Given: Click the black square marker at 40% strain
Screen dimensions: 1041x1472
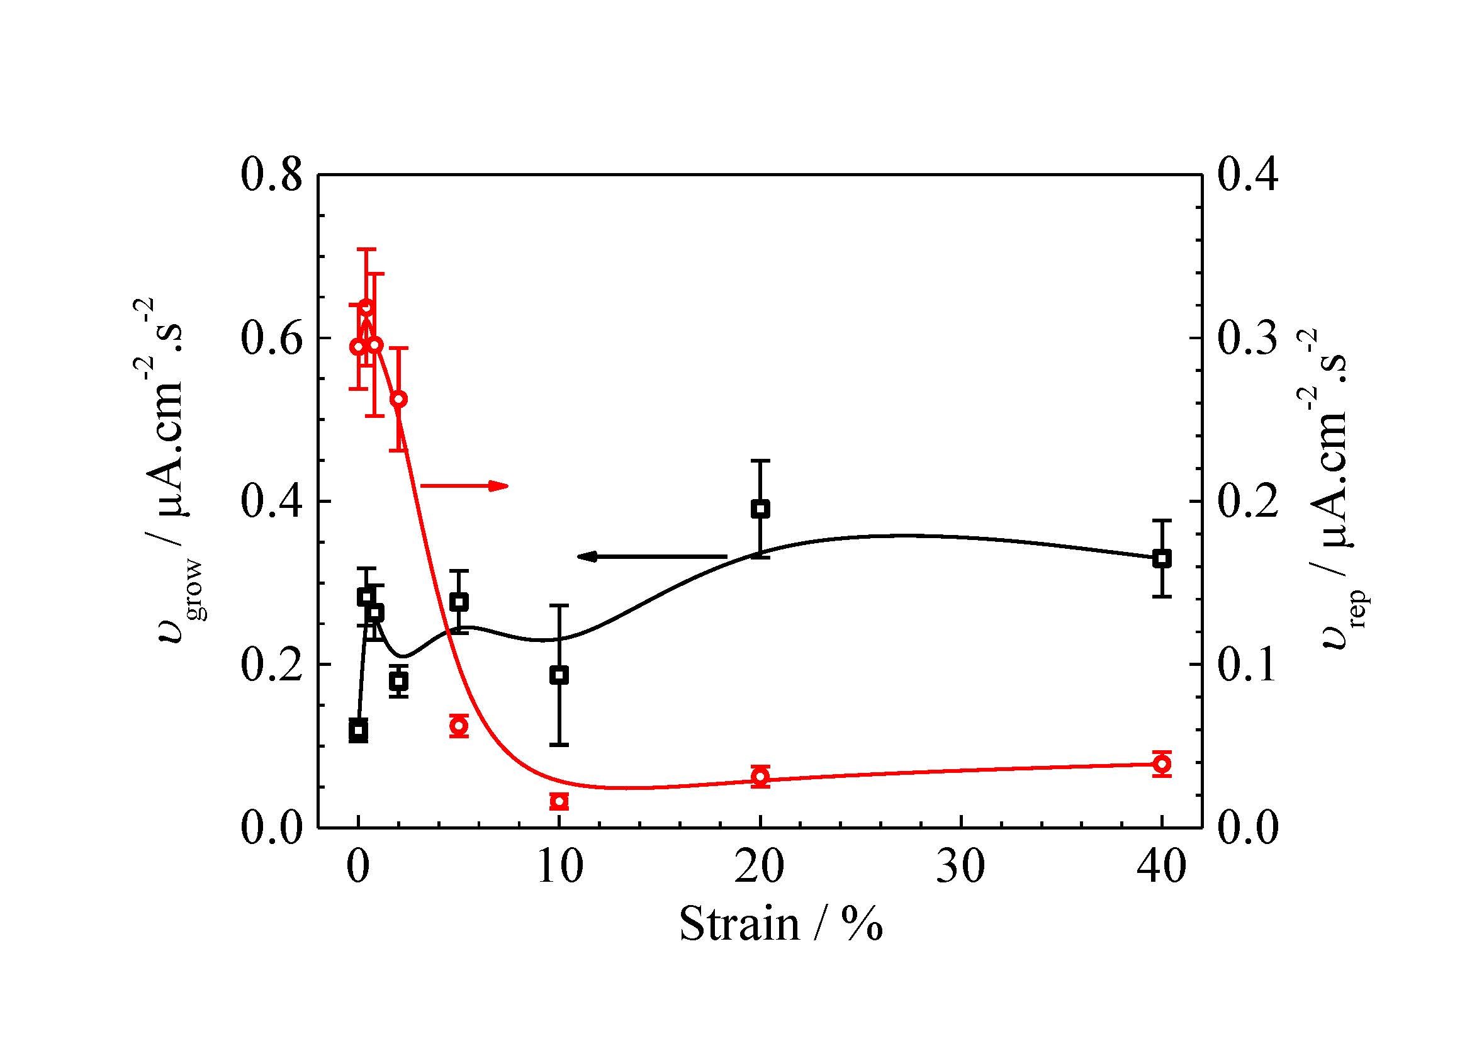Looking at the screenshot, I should pyautogui.click(x=1162, y=558).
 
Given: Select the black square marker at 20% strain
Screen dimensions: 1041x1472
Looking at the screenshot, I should pyautogui.click(x=760, y=510).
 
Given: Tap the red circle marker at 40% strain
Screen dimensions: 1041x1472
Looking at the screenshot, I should pyautogui.click(x=1162, y=764).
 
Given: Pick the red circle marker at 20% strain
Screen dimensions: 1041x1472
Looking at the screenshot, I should pyautogui.click(x=760, y=777).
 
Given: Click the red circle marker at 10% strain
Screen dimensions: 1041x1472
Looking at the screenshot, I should pyautogui.click(x=559, y=801).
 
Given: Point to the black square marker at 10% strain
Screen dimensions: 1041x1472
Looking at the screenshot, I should pyautogui.click(x=559, y=675).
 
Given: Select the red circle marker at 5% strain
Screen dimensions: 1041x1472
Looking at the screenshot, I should pyautogui.click(x=458, y=726).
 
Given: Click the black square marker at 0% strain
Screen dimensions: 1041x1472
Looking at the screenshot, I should pyautogui.click(x=358, y=730).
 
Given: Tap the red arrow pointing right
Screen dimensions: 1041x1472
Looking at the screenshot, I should pyautogui.click(x=464, y=486).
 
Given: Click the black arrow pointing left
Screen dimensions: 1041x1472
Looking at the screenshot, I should pyautogui.click(x=651, y=556).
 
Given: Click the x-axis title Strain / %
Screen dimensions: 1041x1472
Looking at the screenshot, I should pyautogui.click(x=780, y=925).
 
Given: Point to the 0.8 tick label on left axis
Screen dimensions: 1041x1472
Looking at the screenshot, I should pyautogui.click(x=271, y=175).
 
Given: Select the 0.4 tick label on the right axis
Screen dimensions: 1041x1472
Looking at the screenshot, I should pyautogui.click(x=1247, y=175).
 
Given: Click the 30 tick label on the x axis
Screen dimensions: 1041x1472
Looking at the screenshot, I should pyautogui.click(x=960, y=867).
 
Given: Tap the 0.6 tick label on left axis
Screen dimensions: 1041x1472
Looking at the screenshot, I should pyautogui.click(x=271, y=339).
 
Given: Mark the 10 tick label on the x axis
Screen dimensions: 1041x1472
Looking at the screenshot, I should pyautogui.click(x=559, y=867).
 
